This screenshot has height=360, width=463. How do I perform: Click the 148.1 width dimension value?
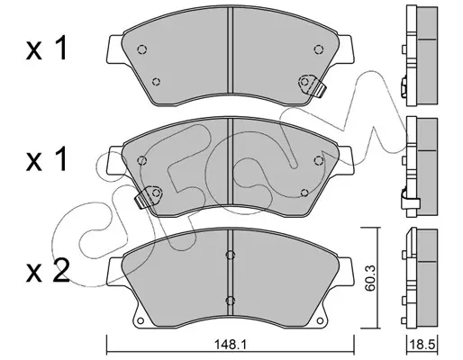pyautogui.click(x=230, y=345)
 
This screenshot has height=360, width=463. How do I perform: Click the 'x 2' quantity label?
pyautogui.click(x=48, y=271)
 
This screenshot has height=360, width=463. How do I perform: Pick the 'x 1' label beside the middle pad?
pyautogui.click(x=46, y=160)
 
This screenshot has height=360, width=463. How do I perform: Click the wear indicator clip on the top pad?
pyautogui.click(x=313, y=85)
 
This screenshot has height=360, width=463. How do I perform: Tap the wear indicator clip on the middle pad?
pyautogui.click(x=149, y=197)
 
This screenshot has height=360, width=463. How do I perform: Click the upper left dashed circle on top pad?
pyautogui.click(x=141, y=49)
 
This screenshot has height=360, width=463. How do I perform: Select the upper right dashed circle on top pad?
pyautogui.click(x=318, y=49)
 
